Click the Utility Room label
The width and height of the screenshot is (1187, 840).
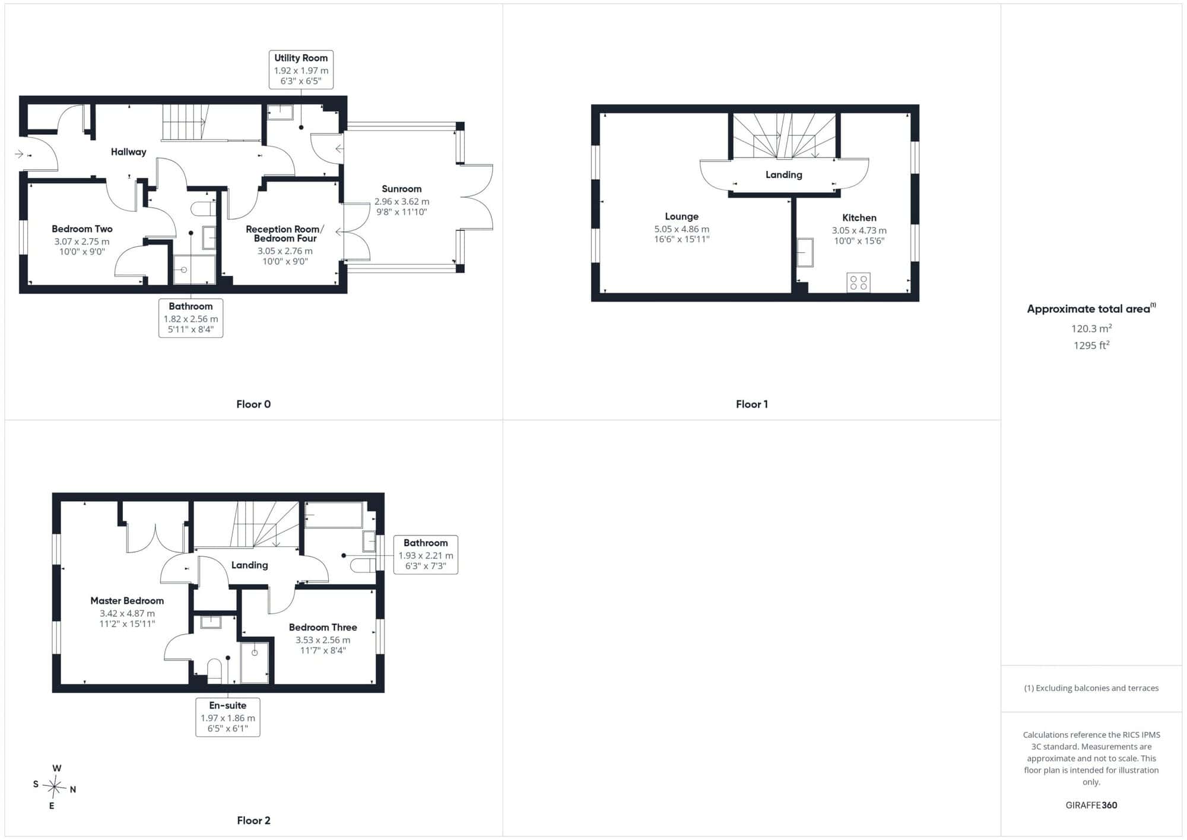click(x=301, y=58)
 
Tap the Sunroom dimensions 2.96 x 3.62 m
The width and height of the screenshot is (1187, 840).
click(x=402, y=202)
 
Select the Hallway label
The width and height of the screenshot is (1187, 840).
click(x=128, y=152)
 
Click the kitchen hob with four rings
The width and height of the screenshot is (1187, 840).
click(x=858, y=283)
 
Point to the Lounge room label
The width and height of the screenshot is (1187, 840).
click(x=681, y=217)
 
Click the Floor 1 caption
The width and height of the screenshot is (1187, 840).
click(x=752, y=404)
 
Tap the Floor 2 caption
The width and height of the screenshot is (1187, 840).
click(x=253, y=820)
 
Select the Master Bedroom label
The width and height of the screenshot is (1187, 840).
click(x=127, y=601)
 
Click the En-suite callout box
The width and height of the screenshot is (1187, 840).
click(x=228, y=717)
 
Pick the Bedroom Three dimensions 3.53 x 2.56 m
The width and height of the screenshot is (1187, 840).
click(x=323, y=640)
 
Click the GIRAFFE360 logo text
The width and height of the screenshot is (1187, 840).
click(x=1091, y=806)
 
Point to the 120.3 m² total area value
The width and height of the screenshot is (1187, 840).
click(x=1091, y=328)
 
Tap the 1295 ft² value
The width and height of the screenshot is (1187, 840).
click(x=1091, y=345)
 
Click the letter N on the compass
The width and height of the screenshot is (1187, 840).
click(x=73, y=790)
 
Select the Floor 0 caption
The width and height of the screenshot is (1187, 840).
click(x=253, y=404)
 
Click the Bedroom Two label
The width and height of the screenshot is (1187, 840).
click(x=82, y=229)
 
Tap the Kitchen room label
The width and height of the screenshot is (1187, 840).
click(x=859, y=218)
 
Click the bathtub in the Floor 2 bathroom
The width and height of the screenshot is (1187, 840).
click(x=334, y=515)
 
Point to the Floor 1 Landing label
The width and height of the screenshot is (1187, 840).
click(x=783, y=175)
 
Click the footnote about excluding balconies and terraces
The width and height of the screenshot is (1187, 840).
click(x=1091, y=688)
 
